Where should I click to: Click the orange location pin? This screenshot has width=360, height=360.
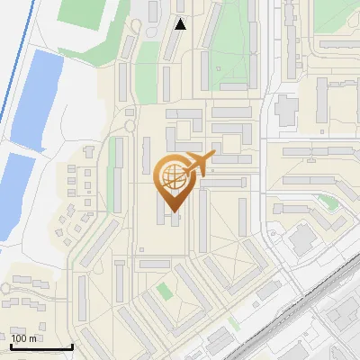pos(173,180)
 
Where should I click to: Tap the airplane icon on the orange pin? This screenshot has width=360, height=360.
pos(198,165)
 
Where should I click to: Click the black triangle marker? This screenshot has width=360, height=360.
pos(180,24)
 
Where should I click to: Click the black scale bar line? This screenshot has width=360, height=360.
pos(41,346)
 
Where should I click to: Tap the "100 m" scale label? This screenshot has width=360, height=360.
pos(24,338)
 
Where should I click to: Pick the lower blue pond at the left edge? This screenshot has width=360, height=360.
pos(16,193)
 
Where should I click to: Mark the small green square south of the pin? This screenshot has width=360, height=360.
pos(164,292)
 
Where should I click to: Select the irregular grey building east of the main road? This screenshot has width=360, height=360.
pos(286,110)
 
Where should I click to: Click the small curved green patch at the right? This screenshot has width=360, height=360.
pos(331,202)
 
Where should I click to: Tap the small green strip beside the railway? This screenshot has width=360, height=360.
pos(234,321)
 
